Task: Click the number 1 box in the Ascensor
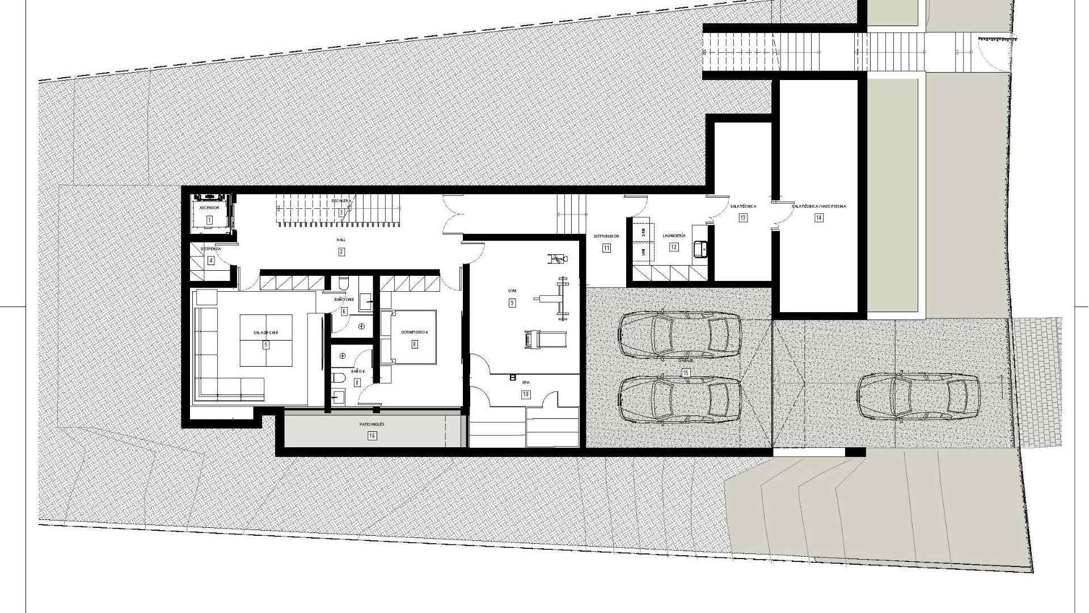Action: coord(209,220)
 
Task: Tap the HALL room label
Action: coord(341,240)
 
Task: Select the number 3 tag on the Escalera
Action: coord(341,213)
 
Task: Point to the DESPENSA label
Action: coord(210,249)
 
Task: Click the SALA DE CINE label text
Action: coord(265,333)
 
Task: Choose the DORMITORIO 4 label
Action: coord(414,333)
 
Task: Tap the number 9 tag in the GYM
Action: coord(512,303)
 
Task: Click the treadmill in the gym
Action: coord(545,339)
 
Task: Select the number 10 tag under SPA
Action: coord(526,394)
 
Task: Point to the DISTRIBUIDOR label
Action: coord(606,236)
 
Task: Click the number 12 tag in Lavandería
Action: coord(674,247)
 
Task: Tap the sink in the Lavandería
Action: coord(700,249)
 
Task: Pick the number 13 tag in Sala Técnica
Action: coord(742,217)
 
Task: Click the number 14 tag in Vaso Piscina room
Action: coord(818,217)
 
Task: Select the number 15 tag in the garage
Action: coord(686,373)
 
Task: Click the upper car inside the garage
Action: coord(679,335)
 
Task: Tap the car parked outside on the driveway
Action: coord(918,397)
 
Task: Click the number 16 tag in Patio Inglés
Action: coord(372,436)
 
